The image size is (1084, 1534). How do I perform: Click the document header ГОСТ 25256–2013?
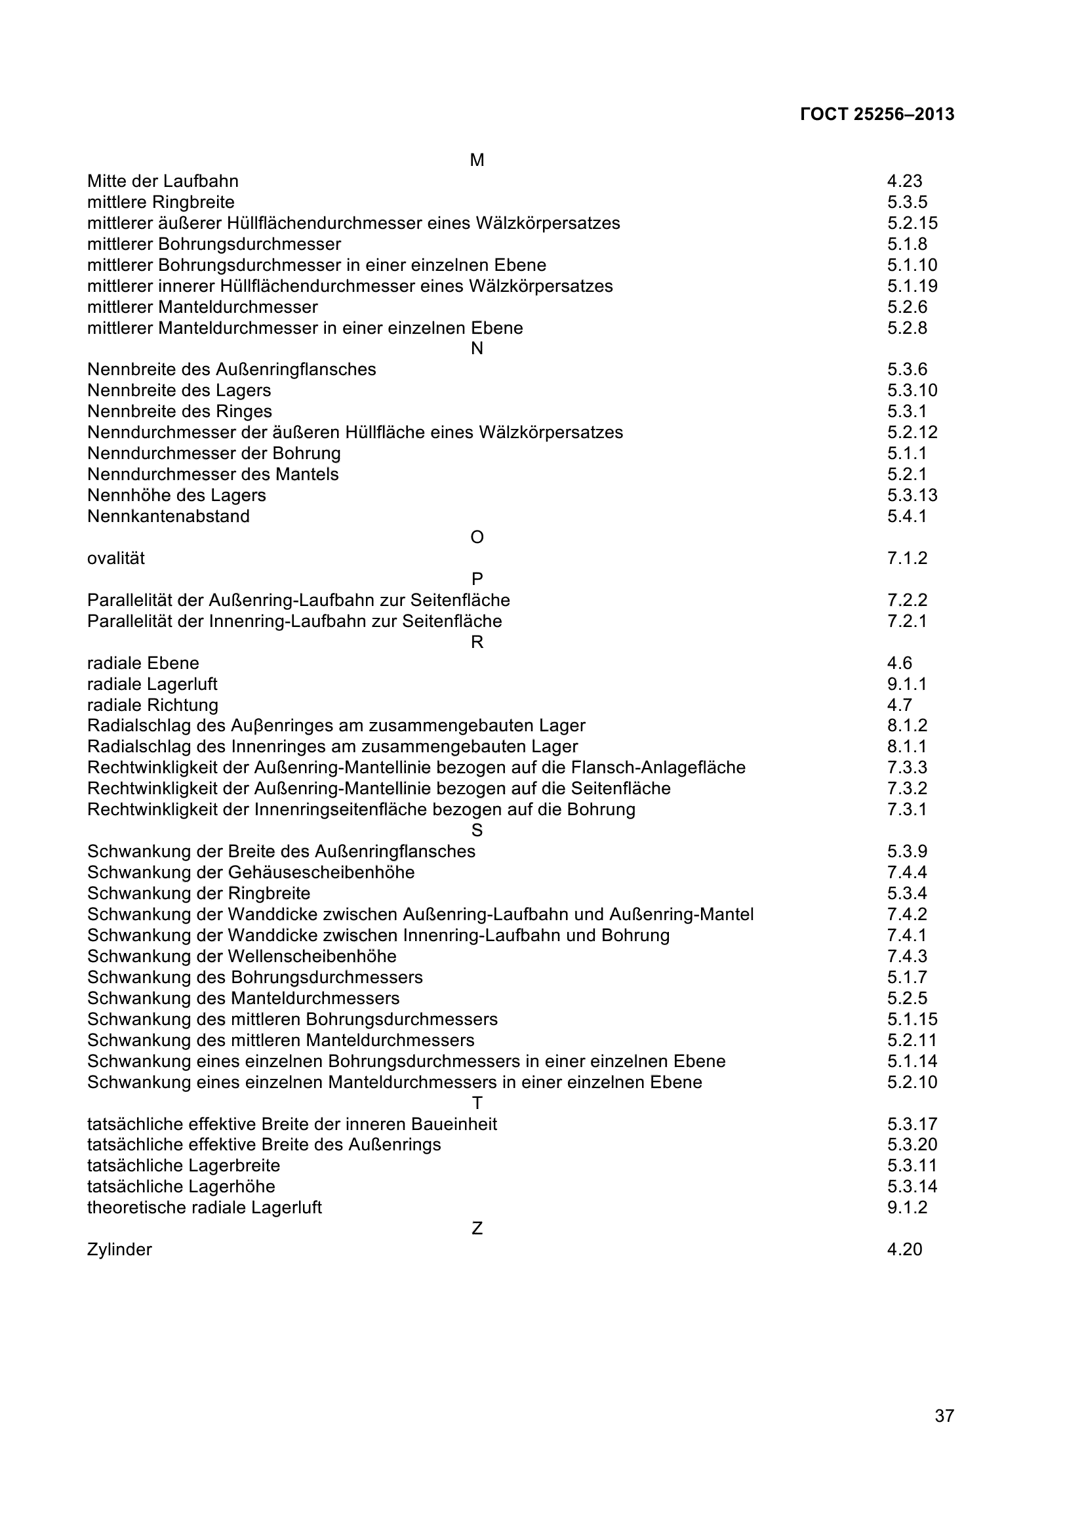876,114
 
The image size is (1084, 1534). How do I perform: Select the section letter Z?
477,1228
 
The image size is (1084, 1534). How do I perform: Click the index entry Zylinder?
119,1249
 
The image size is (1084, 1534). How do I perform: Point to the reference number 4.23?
904,181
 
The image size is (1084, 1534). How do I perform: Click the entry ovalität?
115,558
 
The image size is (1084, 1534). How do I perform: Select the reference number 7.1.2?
907,558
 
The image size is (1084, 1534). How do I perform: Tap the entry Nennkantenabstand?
169,516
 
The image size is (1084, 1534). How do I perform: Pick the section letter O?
477,537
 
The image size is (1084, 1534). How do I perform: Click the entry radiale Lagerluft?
152,684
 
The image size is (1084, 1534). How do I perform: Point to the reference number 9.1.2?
907,1207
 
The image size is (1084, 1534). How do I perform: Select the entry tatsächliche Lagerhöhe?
181,1186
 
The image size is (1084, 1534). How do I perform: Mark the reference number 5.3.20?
912,1144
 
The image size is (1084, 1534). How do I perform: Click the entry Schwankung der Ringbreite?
198,893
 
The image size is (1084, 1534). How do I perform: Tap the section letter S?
477,830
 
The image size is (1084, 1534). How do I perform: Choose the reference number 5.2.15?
912,223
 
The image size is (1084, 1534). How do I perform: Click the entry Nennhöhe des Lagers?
176,495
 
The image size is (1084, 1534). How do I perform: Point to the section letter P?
477,578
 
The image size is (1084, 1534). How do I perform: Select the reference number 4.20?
904,1249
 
